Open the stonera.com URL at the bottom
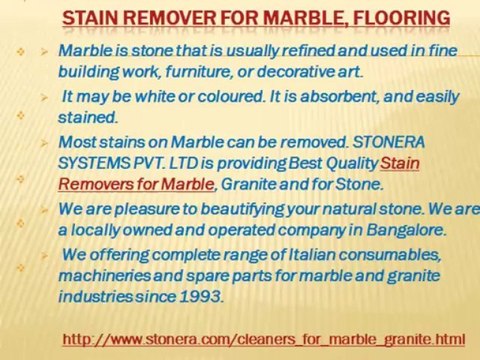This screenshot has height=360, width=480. pyautogui.click(x=264, y=339)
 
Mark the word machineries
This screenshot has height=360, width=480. pyautogui.click(x=108, y=276)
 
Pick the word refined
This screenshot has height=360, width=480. pyautogui.click(x=278, y=50)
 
